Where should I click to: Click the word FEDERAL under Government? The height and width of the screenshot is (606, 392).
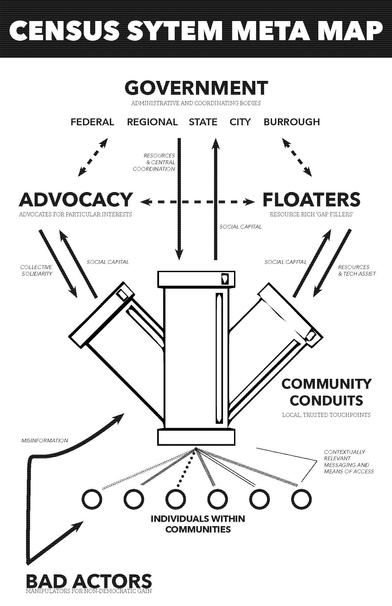pyautogui.click(x=92, y=122)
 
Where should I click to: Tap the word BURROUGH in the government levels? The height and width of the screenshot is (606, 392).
pyautogui.click(x=291, y=122)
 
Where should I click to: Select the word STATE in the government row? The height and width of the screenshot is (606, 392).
pyautogui.click(x=203, y=122)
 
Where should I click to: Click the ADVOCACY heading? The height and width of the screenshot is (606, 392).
pyautogui.click(x=76, y=200)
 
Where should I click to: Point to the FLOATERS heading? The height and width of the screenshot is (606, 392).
pyautogui.click(x=311, y=200)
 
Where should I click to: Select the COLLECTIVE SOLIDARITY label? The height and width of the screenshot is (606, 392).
pyautogui.click(x=36, y=270)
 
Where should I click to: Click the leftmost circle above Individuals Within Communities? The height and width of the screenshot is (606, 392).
pyautogui.click(x=92, y=499)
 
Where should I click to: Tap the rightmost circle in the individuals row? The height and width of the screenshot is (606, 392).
pyautogui.click(x=301, y=499)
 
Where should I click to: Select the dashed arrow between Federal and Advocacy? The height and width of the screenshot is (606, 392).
pyautogui.click(x=93, y=157)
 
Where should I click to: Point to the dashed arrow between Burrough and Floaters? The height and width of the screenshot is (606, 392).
pyautogui.click(x=297, y=157)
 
